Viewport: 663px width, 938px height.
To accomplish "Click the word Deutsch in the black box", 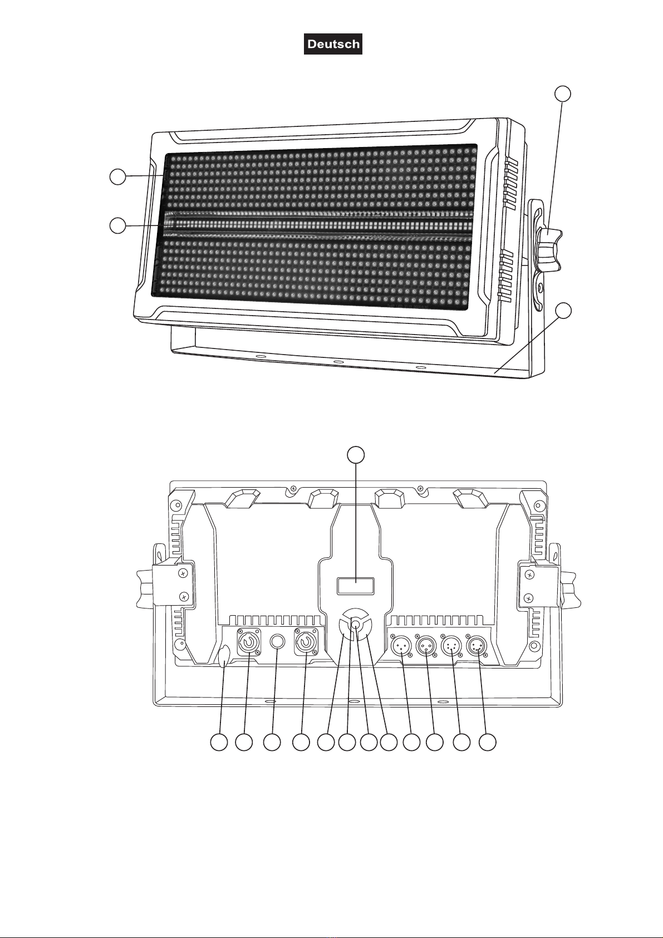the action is point(333,44).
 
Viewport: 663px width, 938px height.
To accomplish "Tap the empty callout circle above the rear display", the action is point(356,455).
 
